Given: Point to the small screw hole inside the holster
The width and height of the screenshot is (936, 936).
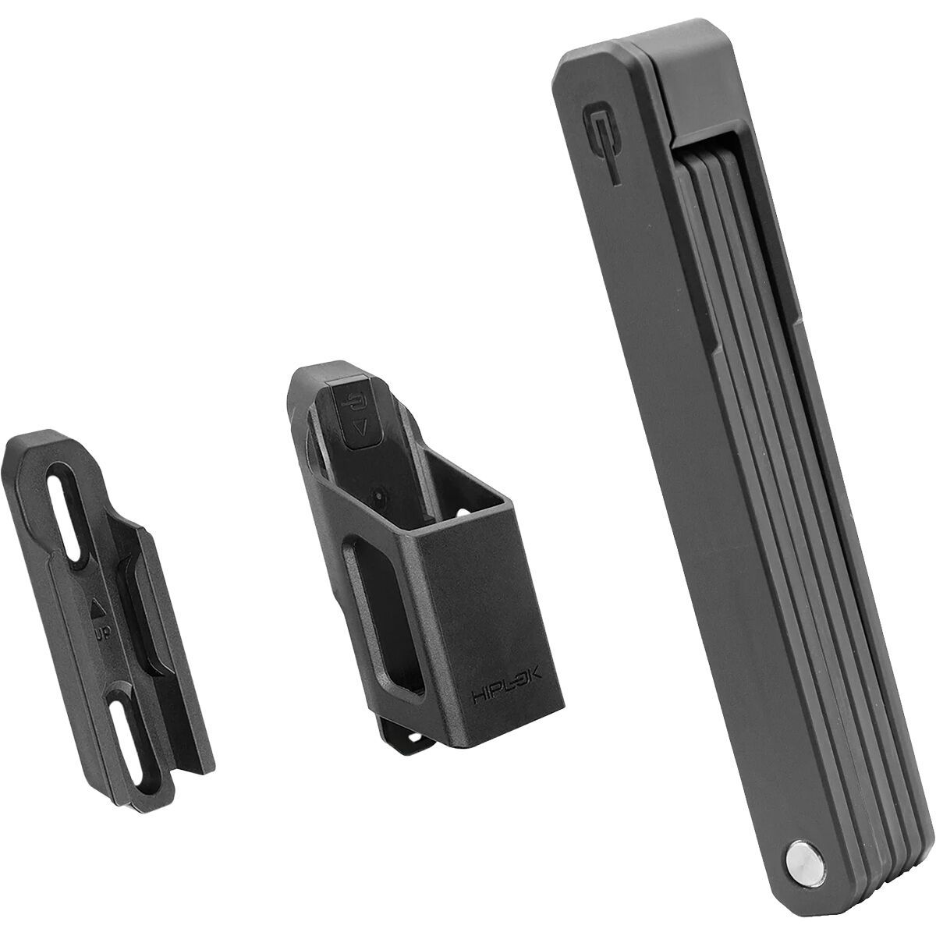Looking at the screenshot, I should point(379,495).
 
